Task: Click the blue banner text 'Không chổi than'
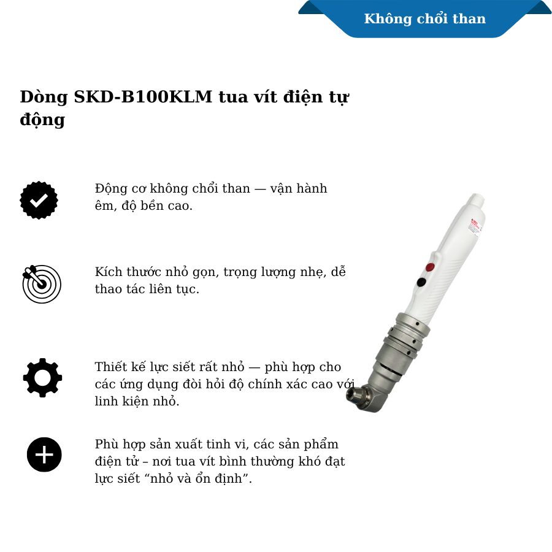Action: pos(424,19)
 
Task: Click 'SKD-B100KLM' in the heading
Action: pos(143,97)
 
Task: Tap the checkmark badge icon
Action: pos(39,200)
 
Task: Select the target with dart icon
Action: pos(42,284)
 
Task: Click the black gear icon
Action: pos(42,377)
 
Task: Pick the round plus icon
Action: pos(44,454)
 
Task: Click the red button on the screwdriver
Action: pos(430,267)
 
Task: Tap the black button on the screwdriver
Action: pos(421,282)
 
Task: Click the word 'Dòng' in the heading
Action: pos(44,98)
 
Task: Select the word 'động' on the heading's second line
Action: pos(42,120)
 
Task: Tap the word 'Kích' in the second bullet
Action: pos(109,272)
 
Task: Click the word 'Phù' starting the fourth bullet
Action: pos(106,444)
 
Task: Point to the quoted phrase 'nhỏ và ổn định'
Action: pos(196,478)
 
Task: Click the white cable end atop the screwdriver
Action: pos(477,201)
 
